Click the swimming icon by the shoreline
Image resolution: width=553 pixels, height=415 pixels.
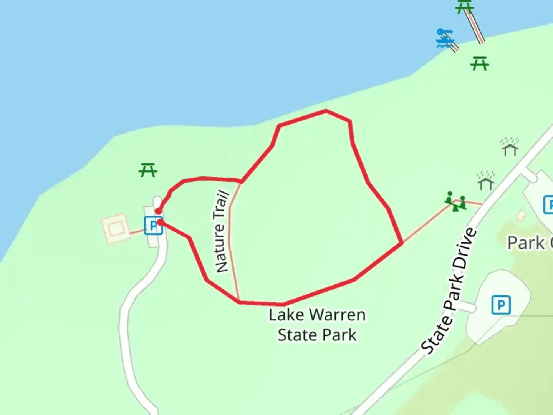click(x=445, y=38)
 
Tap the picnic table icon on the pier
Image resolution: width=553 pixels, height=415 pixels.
click(x=464, y=7)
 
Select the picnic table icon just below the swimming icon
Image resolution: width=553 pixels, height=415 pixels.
click(x=479, y=63)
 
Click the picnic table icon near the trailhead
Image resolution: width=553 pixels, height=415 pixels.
click(x=148, y=170)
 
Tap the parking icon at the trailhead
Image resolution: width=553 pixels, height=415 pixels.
click(x=153, y=226)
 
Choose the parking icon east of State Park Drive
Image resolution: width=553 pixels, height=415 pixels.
click(x=501, y=305)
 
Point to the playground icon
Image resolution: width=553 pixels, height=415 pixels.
click(x=455, y=201)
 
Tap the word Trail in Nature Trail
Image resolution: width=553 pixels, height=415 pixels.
click(x=223, y=204)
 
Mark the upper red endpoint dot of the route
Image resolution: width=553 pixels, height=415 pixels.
click(x=158, y=211)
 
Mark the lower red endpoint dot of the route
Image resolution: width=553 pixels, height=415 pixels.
click(x=160, y=222)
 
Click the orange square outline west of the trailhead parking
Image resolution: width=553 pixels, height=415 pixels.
click(x=115, y=229)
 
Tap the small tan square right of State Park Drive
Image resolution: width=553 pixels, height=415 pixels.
click(x=521, y=215)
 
